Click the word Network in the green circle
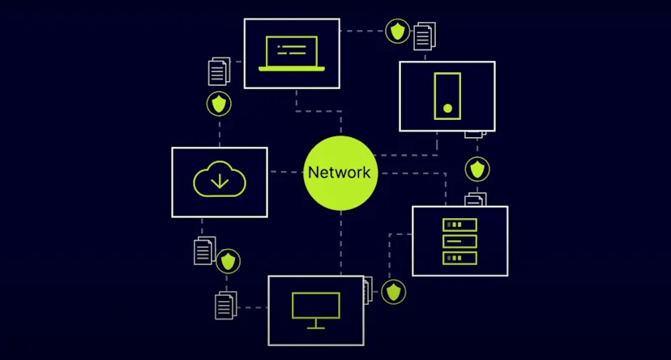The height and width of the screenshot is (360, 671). pos(340,173)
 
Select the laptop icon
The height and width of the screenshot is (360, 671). pos(292,54)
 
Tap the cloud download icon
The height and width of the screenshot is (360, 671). pos(219,179)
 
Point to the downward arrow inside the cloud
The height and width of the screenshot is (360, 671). pos(219,182)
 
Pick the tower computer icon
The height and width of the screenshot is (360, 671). pos(447,96)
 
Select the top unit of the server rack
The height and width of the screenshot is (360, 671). pos(459,225)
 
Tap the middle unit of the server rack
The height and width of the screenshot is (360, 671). pos(459,241)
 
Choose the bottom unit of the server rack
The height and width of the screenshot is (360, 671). pos(459,258)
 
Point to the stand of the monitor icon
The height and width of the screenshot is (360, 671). pos(315,324)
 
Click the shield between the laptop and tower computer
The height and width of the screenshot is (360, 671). pos(396,32)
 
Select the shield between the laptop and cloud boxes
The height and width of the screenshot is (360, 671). pos(219,105)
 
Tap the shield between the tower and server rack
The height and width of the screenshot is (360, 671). pos(477,169)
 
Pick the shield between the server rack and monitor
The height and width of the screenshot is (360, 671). pos(394,291)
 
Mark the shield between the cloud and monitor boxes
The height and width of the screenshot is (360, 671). pos(229,261)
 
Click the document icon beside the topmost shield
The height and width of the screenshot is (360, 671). pos(424,36)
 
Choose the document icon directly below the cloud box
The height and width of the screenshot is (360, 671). pos(205,251)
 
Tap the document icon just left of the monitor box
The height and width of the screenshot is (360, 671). pos(225,306)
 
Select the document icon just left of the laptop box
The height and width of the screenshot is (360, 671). pos(219,71)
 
